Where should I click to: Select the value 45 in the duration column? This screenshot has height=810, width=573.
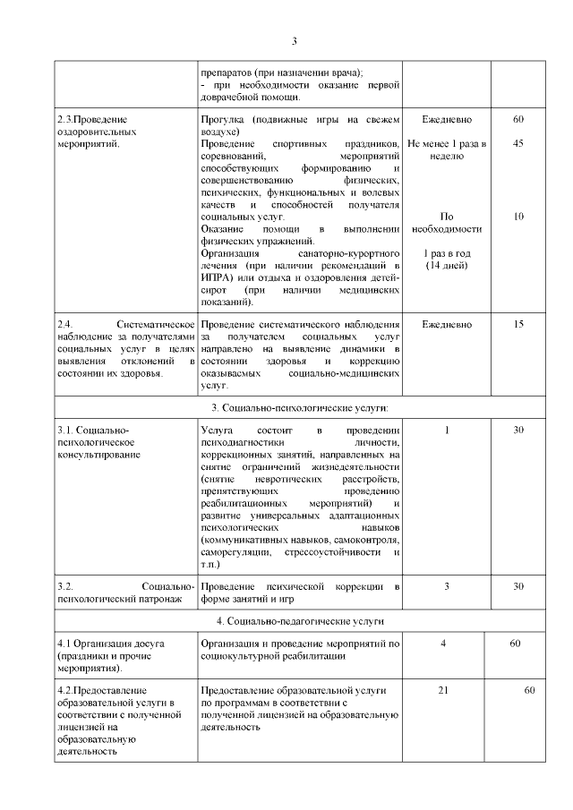[518, 143]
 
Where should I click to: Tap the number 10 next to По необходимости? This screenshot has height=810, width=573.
[518, 217]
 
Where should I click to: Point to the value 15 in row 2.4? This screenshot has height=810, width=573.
[518, 324]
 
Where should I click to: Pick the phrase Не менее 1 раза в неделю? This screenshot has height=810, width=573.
[448, 149]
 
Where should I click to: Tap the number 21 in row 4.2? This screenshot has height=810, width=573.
[444, 692]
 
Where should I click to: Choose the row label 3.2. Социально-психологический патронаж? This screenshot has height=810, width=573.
[124, 592]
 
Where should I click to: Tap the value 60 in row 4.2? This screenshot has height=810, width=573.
[529, 692]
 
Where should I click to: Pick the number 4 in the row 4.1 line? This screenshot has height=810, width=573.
[444, 644]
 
